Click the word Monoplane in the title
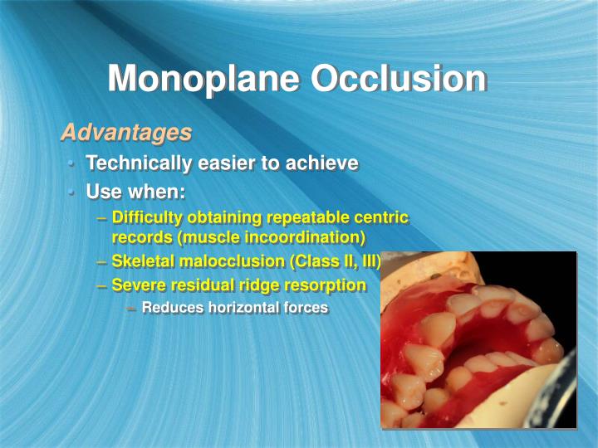click(x=203, y=79)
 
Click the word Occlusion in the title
click(x=398, y=79)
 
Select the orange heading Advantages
click(x=126, y=133)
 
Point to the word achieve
click(x=321, y=163)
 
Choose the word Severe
click(x=137, y=285)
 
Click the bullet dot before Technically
click(x=72, y=163)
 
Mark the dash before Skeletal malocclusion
click(x=100, y=262)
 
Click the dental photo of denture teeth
click(x=478, y=340)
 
